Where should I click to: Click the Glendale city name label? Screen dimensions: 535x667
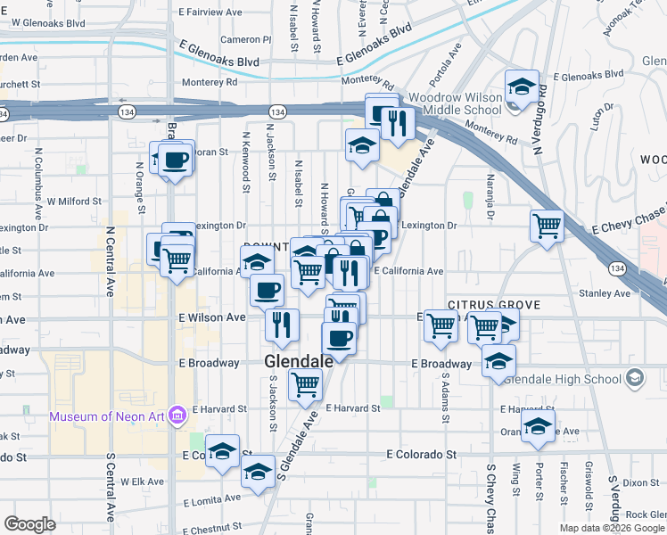[299, 361]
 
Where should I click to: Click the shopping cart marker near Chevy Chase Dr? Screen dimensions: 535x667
[547, 225]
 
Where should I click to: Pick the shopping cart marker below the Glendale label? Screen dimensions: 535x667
[305, 385]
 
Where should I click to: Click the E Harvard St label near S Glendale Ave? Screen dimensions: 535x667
[353, 408]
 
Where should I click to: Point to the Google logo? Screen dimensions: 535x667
[29, 524]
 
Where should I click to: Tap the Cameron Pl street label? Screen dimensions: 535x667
[245, 39]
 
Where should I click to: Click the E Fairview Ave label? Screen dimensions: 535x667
[210, 13]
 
